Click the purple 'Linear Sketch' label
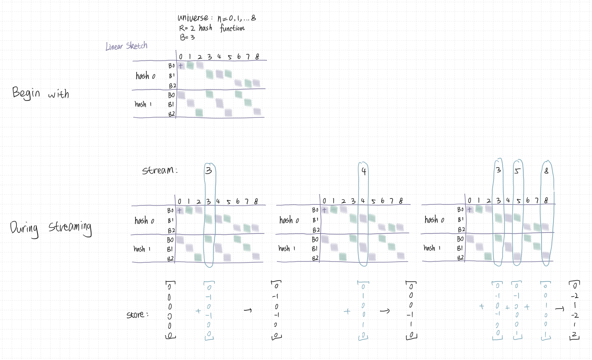coord(126,46)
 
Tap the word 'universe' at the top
coord(193,18)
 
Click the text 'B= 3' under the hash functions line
coord(187,37)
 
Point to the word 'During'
coord(24,229)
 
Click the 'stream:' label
coord(160,171)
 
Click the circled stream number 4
coord(364,171)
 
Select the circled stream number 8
coord(546,171)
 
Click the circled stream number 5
coord(517,171)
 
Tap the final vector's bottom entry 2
coord(575,334)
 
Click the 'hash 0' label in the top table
coord(145,76)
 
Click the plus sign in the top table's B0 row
coord(181,66)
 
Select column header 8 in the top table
coord(257,57)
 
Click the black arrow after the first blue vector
coord(248,310)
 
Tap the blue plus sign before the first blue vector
coord(198,311)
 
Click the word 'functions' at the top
coord(232,28)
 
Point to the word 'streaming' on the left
coord(70,228)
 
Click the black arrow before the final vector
coord(559,309)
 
